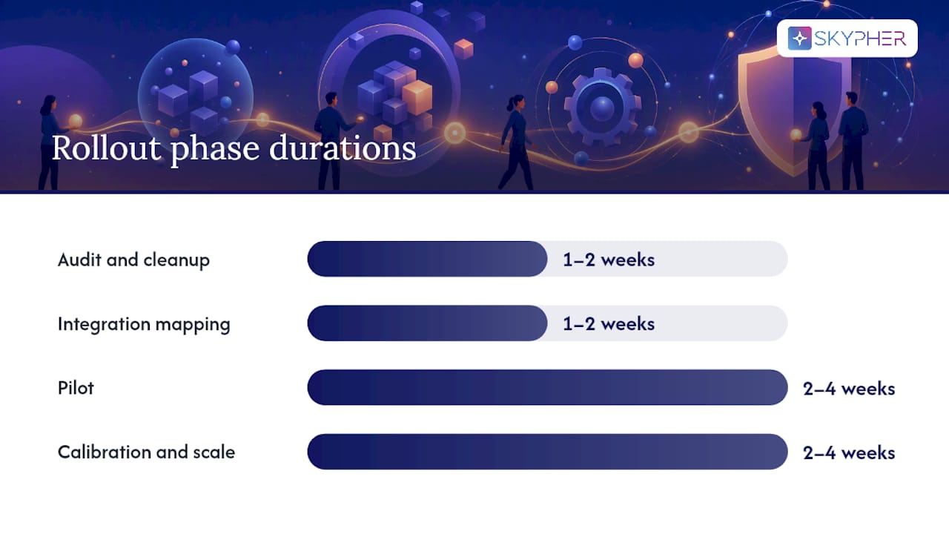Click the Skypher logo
pos(847,38)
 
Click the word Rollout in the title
pos(106,148)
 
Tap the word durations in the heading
pos(343,148)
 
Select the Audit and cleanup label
pos(134,260)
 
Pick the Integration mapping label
pos(144,324)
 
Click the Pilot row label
pos(76,388)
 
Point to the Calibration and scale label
pos(146,452)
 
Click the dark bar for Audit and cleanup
pos(427,259)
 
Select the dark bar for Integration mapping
pos(427,323)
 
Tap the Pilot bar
pos(547,387)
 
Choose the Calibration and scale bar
pos(547,452)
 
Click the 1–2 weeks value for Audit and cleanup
pos(609,260)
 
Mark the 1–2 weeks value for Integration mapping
pos(609,324)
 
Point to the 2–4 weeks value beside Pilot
pos(849,389)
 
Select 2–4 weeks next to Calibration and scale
pos(849,453)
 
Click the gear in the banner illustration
pos(602,108)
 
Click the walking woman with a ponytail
pos(516,142)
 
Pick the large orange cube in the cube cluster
pos(417,96)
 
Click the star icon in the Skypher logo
pos(799,38)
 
